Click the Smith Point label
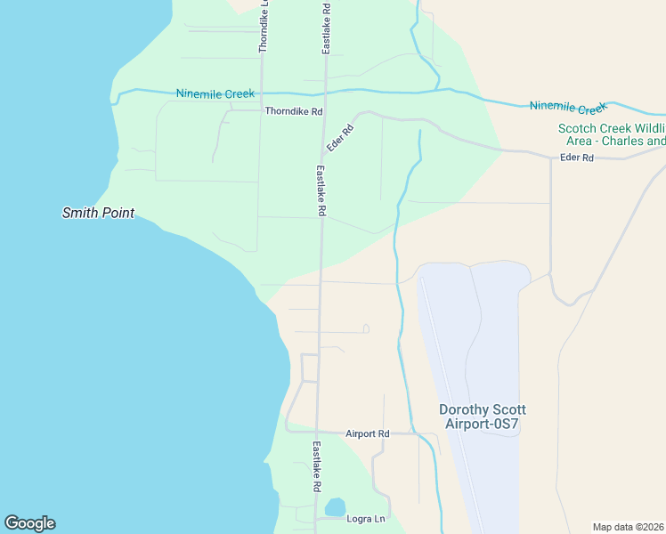tap(98, 213)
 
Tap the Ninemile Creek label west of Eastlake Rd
tap(215, 93)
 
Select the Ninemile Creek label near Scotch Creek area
tap(567, 107)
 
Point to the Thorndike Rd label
tap(293, 111)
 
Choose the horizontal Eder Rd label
tap(577, 158)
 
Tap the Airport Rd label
tap(368, 433)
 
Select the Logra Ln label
tap(365, 518)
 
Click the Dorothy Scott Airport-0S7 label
tap(483, 417)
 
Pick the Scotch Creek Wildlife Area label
tap(612, 134)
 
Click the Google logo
tap(29, 523)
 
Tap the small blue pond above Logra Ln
tap(335, 507)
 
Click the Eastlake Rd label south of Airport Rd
tap(315, 467)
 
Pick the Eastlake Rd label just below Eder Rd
tap(321, 190)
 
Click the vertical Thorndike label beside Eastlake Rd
tap(263, 27)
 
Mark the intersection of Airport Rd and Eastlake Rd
tap(318, 433)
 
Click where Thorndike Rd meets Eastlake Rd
tap(324, 111)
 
